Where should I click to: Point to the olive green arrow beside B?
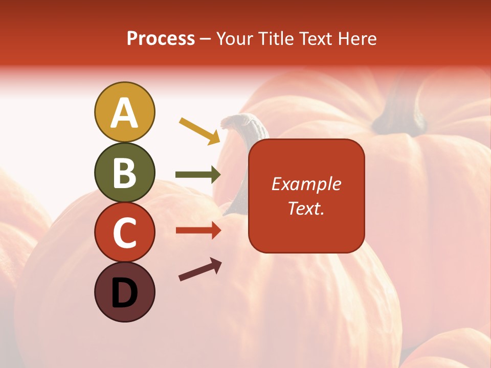click(198, 175)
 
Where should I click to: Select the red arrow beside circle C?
click(198, 231)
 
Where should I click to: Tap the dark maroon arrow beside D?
click(200, 270)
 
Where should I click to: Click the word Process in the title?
click(161, 38)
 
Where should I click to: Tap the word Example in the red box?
click(306, 184)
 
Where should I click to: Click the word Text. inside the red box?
click(306, 208)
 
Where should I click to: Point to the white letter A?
click(124, 112)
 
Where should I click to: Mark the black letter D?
click(124, 292)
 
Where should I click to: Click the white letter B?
click(124, 173)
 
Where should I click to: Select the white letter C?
click(124, 233)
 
